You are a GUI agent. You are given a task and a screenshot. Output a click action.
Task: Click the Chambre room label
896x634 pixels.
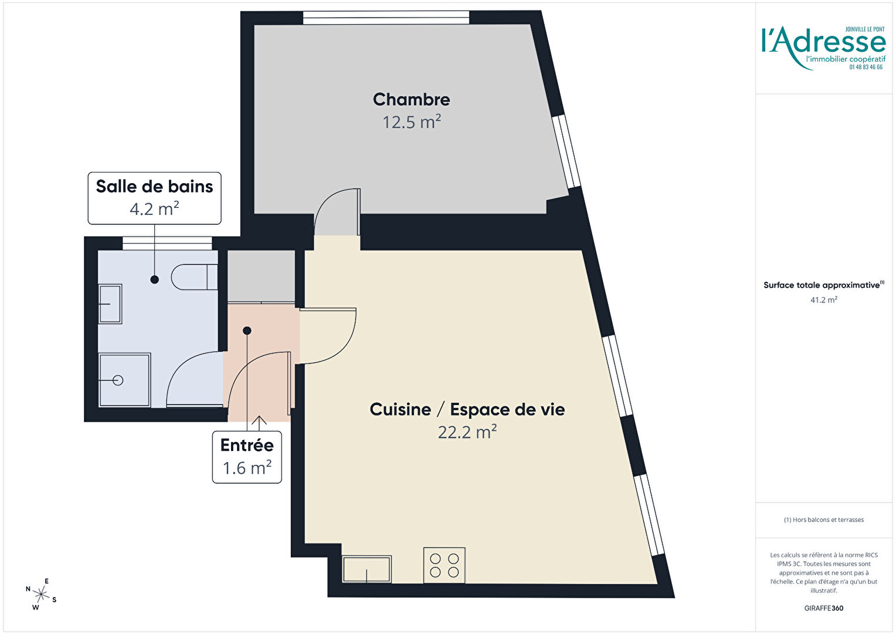pyautogui.click(x=411, y=100)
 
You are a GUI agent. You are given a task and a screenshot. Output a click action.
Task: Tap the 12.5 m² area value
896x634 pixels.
pyautogui.click(x=411, y=122)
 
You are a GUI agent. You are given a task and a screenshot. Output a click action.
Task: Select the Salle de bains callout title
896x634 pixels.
pyautogui.click(x=154, y=187)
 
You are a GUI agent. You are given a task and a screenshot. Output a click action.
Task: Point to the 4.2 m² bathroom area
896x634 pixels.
pyautogui.click(x=154, y=208)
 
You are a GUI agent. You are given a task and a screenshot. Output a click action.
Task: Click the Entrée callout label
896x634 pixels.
pyautogui.click(x=247, y=445)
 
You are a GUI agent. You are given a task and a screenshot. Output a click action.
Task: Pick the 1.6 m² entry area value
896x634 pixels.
pyautogui.click(x=247, y=468)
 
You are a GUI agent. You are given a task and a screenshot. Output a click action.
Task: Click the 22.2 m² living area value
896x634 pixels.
pyautogui.click(x=467, y=432)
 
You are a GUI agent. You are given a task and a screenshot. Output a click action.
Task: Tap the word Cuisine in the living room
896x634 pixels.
pyautogui.click(x=401, y=409)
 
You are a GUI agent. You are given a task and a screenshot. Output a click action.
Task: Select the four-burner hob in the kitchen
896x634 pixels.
pyautogui.click(x=444, y=565)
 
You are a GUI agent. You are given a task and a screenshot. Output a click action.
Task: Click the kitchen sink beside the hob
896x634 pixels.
pyautogui.click(x=367, y=569)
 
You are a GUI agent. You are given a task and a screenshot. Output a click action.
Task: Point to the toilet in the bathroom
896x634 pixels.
pyautogui.click(x=195, y=276)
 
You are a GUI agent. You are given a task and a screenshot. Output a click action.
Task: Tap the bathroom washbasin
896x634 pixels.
pyautogui.click(x=110, y=303)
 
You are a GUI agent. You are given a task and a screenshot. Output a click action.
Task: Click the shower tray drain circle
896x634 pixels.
pyautogui.click(x=118, y=380)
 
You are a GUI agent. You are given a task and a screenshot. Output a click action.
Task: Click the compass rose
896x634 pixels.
pyautogui.click(x=41, y=594)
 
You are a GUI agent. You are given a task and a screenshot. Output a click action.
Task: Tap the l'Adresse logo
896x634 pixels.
pyautogui.click(x=824, y=48)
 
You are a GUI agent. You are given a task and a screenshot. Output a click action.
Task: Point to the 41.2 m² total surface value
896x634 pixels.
pyautogui.click(x=824, y=299)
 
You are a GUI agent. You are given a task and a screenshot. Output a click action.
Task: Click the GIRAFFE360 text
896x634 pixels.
pyautogui.click(x=824, y=608)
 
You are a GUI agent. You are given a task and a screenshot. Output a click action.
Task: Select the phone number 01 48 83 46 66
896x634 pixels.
pyautogui.click(x=866, y=68)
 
